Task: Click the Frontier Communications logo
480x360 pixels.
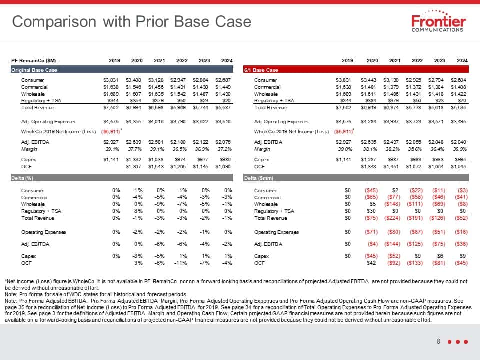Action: (x=438, y=21)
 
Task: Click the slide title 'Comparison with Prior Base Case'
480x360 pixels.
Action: (x=132, y=22)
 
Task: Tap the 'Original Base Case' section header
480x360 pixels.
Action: (x=34, y=70)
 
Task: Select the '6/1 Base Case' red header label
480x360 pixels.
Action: (x=261, y=70)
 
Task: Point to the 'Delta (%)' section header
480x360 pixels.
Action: (x=22, y=178)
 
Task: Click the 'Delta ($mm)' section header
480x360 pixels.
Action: (x=259, y=178)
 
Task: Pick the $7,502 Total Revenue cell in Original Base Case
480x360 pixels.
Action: (x=111, y=108)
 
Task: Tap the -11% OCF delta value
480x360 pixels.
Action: (x=181, y=263)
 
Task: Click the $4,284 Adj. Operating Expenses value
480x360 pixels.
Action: (x=368, y=122)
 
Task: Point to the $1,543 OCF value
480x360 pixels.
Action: (x=156, y=167)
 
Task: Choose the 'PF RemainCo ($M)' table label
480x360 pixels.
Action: (x=33, y=61)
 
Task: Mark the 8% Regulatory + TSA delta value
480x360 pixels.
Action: (x=138, y=211)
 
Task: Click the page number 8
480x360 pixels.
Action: (x=438, y=341)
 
